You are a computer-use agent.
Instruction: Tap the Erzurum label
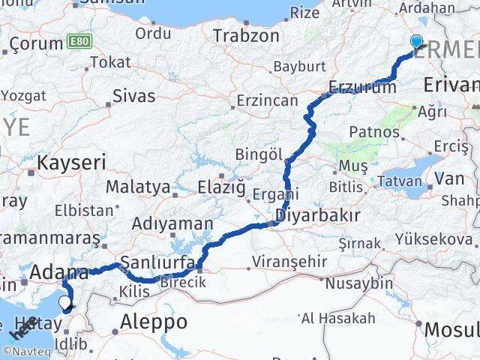(363, 87)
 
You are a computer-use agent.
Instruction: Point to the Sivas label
(133, 96)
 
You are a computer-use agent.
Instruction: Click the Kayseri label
(72, 162)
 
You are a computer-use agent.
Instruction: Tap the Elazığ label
(221, 186)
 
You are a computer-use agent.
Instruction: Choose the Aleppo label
(154, 322)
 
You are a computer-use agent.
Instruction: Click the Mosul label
(451, 329)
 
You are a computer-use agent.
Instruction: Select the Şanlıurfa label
(157, 262)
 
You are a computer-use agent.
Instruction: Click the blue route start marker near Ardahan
(416, 43)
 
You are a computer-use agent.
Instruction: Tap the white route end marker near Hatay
(67, 304)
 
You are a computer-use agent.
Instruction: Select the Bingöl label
(258, 154)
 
